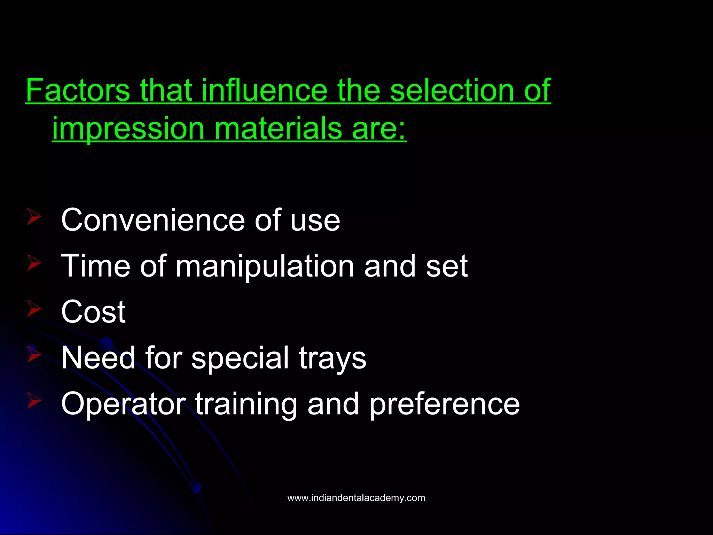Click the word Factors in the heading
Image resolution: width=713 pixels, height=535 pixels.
[78, 90]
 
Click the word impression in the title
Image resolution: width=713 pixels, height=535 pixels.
[128, 129]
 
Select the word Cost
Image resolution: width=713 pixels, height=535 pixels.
[93, 312]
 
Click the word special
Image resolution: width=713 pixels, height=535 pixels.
[240, 358]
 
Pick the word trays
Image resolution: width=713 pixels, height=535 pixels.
[332, 358]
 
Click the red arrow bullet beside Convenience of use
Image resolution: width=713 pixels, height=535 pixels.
[34, 217]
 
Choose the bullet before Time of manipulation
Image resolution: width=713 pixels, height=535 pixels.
[34, 263]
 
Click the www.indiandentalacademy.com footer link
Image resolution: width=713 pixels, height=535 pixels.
[356, 498]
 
